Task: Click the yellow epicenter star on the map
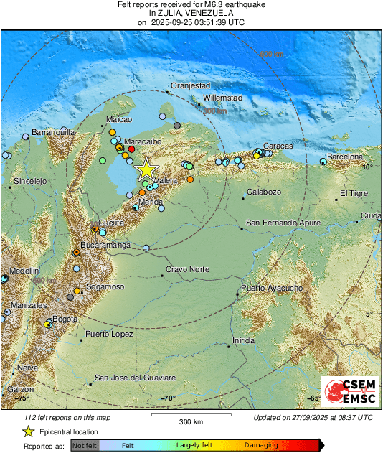coord(146,169)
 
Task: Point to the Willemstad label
coord(223,97)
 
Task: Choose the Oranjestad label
coord(189,85)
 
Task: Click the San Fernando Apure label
coord(283,223)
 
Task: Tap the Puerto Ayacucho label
coord(272,288)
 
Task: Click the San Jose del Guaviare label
coord(135,378)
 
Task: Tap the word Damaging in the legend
coord(261,445)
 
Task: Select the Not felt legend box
coord(85,445)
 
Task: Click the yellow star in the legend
coord(28,431)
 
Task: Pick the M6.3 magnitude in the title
coord(221,4)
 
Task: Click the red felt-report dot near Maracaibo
coord(131,149)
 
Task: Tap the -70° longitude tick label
coord(168,398)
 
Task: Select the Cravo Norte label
coord(188,269)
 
